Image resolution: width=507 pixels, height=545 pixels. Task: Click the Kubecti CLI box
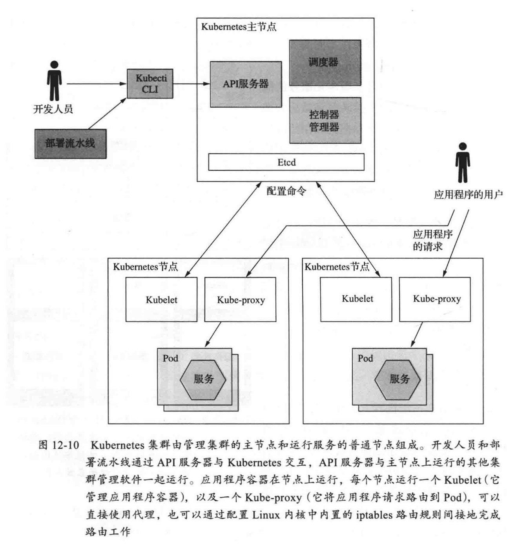point(150,83)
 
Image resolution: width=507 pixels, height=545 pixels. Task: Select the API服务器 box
point(246,84)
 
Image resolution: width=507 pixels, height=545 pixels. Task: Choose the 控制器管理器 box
point(325,121)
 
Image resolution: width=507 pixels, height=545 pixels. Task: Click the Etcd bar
point(286,162)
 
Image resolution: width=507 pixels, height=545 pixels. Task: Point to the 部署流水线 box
point(70,144)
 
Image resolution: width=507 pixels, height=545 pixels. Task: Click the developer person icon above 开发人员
point(54,80)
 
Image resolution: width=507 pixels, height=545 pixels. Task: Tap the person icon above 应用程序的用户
point(463,162)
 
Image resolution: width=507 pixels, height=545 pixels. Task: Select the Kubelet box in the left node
point(161,300)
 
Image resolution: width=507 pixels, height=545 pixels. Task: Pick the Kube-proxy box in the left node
point(240,300)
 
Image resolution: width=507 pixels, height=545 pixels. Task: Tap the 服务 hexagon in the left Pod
point(203,379)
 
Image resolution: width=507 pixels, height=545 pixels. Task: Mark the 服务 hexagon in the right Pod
point(398,379)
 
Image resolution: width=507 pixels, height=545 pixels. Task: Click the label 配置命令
point(286,192)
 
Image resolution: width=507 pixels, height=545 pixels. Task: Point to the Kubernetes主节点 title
point(239,27)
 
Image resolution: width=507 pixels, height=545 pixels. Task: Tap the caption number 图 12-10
point(59,446)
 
